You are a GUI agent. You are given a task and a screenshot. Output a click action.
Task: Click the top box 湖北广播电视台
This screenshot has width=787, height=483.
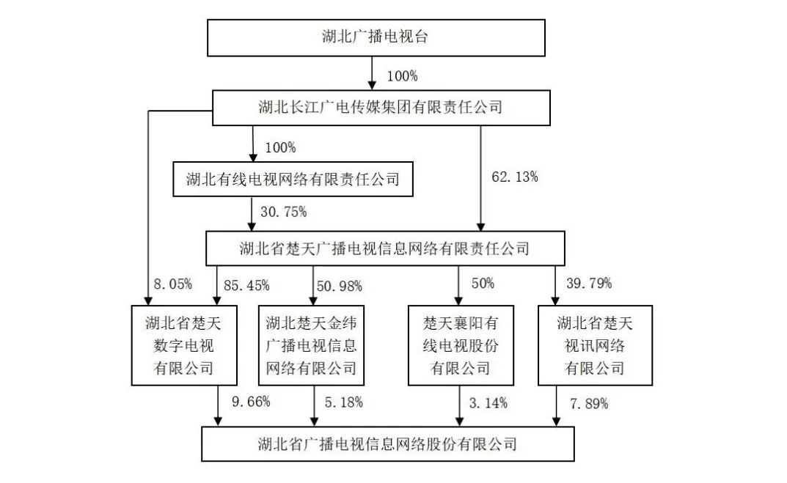[x=376, y=38]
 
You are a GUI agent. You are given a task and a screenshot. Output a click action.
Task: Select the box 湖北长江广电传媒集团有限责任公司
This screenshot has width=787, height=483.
[x=381, y=107]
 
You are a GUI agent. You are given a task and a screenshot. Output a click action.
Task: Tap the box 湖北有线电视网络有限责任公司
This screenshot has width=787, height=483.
[x=292, y=179]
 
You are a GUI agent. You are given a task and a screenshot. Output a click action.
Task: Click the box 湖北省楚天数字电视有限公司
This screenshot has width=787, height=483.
[x=184, y=344]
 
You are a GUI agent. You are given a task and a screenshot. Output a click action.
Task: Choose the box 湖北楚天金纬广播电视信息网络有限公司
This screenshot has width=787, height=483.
[x=312, y=344]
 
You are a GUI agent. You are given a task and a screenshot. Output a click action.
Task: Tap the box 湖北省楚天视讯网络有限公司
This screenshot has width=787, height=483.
[x=594, y=344]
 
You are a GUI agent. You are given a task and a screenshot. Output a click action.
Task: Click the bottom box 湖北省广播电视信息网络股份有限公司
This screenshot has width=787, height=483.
[x=387, y=443]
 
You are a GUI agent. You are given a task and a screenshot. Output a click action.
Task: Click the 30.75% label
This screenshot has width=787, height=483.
[x=283, y=213]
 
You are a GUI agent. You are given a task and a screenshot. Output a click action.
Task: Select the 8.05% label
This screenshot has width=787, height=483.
[x=173, y=284]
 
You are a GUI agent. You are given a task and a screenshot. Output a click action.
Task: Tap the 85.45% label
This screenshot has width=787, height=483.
[x=247, y=284]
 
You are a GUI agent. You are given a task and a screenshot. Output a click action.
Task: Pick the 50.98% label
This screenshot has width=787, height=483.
[x=340, y=284]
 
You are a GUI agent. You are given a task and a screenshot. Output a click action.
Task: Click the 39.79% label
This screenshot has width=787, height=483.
[x=589, y=283]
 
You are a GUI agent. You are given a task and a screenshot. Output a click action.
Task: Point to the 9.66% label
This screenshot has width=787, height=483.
[x=251, y=402]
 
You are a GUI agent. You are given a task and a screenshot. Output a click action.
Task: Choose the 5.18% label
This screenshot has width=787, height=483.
[x=343, y=402]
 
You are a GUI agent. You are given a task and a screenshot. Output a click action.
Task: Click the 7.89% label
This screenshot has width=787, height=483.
[x=588, y=402]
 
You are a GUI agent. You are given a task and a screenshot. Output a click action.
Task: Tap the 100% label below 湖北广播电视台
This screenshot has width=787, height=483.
[x=403, y=75]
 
